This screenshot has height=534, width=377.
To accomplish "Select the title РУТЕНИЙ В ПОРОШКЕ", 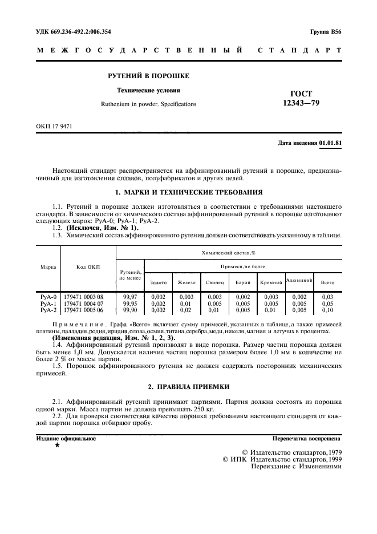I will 149,76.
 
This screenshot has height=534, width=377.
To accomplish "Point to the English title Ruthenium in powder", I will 148,104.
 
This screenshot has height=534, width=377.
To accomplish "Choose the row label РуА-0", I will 48,297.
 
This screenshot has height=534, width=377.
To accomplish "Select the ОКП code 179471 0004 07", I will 84,304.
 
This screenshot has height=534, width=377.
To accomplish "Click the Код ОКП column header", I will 88,266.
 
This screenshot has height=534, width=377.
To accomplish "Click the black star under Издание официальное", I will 56,445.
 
